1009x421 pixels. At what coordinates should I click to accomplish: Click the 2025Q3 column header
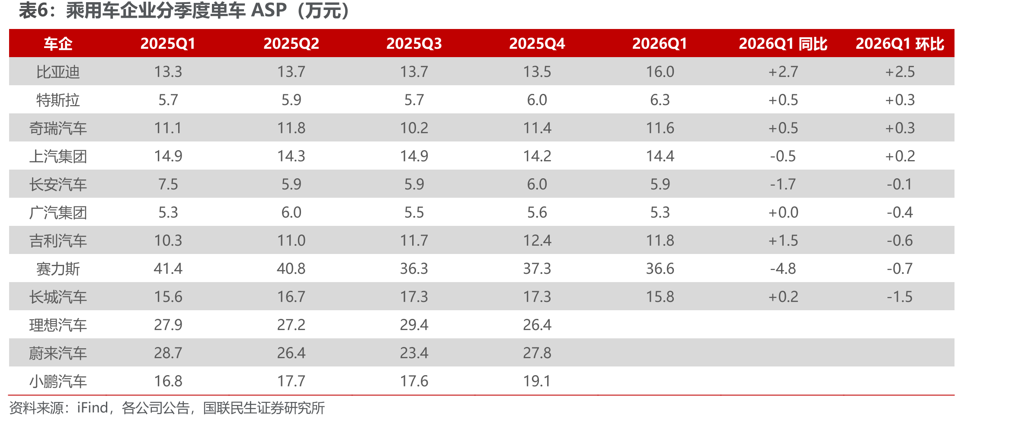click(414, 44)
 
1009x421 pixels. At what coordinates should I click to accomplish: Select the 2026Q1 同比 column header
click(783, 44)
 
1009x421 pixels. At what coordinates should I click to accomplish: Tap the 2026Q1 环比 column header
click(900, 44)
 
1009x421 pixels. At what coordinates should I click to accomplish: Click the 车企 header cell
click(58, 44)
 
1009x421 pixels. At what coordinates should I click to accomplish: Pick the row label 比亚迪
click(58, 72)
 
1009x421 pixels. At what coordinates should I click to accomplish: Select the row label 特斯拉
click(58, 100)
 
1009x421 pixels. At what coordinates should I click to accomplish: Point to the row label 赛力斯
click(58, 269)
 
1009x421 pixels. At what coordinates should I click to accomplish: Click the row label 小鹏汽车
click(58, 381)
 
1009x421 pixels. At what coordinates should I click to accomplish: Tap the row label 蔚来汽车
click(58, 353)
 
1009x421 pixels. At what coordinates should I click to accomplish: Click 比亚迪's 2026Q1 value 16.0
click(660, 72)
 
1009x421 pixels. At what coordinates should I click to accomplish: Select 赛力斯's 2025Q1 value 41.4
click(168, 269)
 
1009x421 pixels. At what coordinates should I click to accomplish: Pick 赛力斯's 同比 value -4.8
click(783, 269)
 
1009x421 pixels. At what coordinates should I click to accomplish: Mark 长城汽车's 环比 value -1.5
click(900, 297)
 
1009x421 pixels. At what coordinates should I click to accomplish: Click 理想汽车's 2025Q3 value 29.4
click(414, 325)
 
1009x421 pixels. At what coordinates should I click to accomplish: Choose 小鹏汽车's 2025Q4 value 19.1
click(537, 381)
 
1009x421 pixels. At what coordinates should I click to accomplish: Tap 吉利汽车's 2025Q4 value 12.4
click(537, 241)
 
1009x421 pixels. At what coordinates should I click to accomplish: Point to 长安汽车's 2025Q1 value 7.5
click(168, 184)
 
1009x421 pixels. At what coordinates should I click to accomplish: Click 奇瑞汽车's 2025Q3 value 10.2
click(414, 128)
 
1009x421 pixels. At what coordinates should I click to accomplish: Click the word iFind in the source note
click(93, 408)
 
